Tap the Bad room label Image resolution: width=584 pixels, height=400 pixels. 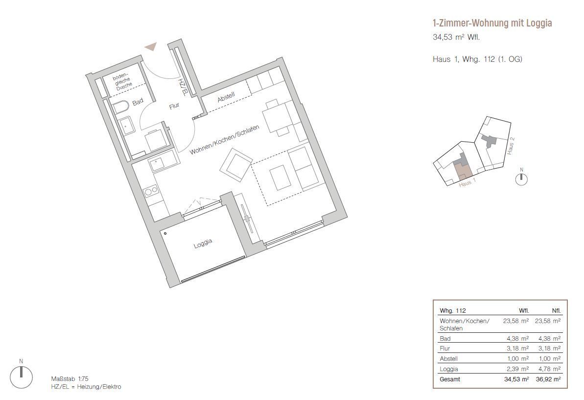pyautogui.click(x=138, y=102)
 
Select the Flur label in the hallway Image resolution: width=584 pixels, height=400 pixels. pyautogui.click(x=174, y=106)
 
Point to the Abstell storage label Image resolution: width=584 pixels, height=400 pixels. pyautogui.click(x=226, y=98)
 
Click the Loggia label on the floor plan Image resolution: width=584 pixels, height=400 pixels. pyautogui.click(x=203, y=244)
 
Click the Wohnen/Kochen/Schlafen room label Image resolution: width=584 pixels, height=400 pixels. pyautogui.click(x=224, y=140)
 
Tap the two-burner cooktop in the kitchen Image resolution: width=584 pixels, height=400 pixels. pyautogui.click(x=151, y=192)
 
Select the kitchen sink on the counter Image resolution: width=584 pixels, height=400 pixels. pyautogui.click(x=160, y=163)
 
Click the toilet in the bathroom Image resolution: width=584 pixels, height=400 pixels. pyautogui.click(x=121, y=107)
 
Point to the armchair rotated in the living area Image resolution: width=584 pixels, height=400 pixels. pyautogui.click(x=236, y=165)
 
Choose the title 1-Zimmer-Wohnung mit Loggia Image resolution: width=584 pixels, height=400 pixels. pyautogui.click(x=492, y=23)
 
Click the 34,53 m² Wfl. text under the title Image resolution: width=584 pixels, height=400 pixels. pyautogui.click(x=456, y=37)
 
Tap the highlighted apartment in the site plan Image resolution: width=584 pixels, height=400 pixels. pyautogui.click(x=463, y=172)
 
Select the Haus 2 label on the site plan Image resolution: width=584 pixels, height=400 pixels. pyautogui.click(x=511, y=146)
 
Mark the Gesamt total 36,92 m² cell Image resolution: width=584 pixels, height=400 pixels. pyautogui.click(x=548, y=379)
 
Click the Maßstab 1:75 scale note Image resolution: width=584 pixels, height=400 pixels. pyautogui.click(x=70, y=379)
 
